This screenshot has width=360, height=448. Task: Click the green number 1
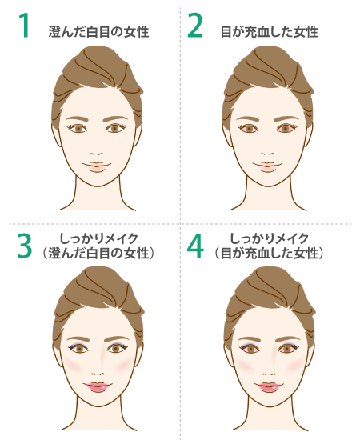pos(25,25)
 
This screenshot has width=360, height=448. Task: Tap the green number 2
pos(195,25)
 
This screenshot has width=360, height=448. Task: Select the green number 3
pos(24,246)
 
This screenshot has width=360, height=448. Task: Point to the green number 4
pos(195,246)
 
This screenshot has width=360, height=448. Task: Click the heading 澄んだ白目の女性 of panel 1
pos(98,32)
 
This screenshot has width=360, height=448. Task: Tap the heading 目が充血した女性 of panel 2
pos(270,32)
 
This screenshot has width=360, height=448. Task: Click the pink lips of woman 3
pos(98,387)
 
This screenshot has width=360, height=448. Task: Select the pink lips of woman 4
pos(269,387)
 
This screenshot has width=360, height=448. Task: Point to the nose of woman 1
pos(97,154)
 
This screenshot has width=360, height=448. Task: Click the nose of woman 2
pos(268,154)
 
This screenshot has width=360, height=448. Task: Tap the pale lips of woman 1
pos(97,166)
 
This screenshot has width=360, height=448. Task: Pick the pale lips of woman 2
pos(267,166)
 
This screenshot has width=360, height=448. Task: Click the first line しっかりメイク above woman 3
pos(98,239)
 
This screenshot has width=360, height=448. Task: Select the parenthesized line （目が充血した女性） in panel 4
pos(269,254)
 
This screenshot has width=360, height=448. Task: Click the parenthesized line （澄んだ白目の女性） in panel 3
pos(98,254)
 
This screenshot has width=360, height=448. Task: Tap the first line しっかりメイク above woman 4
pos(269,239)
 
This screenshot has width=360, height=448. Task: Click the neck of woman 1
pos(98,197)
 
